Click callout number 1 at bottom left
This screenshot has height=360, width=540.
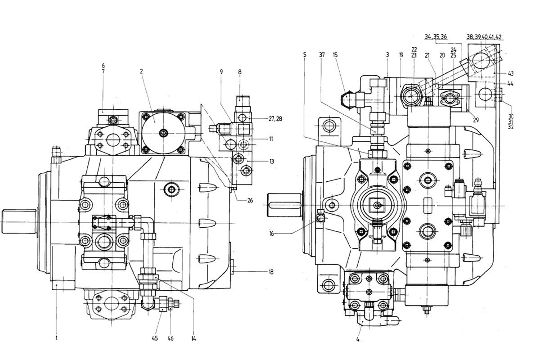[57, 338]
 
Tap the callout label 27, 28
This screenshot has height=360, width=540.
[275, 119]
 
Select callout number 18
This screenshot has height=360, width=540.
[271, 272]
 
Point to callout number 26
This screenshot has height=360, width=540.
[250, 200]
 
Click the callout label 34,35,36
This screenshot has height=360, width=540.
[436, 36]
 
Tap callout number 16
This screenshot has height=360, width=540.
[272, 234]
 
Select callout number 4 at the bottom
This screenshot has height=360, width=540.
[358, 339]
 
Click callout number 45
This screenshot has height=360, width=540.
[155, 338]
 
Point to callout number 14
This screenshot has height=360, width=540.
[194, 339]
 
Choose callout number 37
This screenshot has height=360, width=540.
[322, 55]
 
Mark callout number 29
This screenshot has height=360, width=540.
[476, 120]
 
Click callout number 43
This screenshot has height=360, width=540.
[511, 73]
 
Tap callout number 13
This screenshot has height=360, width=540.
[272, 161]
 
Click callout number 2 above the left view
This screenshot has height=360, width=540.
[141, 71]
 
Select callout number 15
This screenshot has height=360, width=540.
[335, 55]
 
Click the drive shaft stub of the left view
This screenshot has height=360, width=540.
[19, 221]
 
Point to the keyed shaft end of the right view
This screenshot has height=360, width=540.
[284, 205]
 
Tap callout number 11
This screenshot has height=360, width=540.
[271, 139]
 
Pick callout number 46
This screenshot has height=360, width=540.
[171, 338]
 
